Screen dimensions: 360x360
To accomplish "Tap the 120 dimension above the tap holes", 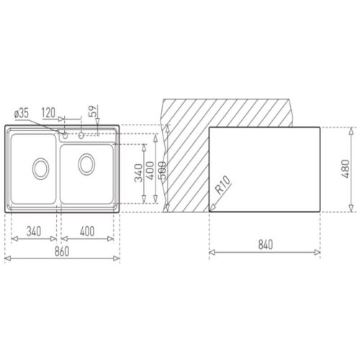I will [49, 113].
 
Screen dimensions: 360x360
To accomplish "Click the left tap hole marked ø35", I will [66, 135].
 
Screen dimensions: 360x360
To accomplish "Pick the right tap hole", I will [82, 135].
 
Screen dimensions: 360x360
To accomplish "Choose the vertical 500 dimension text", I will [161, 174].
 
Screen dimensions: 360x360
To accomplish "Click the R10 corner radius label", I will [222, 189].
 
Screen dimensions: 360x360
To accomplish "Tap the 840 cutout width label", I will [265, 245].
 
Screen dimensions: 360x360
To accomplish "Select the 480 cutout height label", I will [346, 171].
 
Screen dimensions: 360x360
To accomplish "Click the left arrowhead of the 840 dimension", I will [211, 252].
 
